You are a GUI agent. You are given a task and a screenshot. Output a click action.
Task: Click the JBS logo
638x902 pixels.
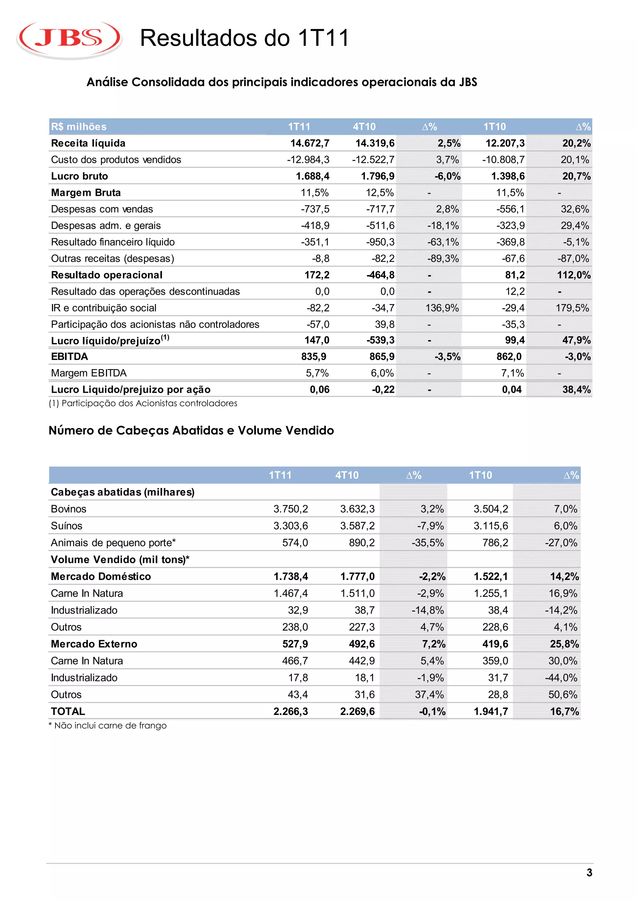69,39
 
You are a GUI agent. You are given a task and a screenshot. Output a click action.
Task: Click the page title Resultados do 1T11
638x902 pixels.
244,38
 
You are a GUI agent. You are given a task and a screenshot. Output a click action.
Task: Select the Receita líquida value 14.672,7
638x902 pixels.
310,143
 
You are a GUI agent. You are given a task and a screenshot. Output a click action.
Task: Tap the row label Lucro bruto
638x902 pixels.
79,176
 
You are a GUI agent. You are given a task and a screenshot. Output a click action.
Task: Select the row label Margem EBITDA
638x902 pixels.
89,373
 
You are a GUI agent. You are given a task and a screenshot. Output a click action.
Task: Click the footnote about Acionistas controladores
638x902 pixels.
143,403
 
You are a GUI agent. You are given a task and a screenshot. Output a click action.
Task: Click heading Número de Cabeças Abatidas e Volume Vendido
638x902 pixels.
191,430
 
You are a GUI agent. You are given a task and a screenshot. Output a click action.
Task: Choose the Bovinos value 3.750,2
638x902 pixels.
291,509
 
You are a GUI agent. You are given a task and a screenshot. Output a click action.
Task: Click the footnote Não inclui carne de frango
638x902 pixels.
108,726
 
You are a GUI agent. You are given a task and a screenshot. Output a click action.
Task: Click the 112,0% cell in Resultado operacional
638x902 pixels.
574,275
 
